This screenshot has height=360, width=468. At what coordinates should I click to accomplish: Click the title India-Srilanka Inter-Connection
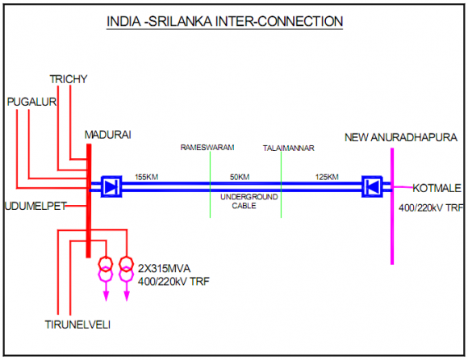[x=225, y=19]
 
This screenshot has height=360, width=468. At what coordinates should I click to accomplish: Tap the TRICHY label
[x=69, y=78]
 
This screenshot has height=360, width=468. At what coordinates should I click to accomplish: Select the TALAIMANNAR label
[x=288, y=149]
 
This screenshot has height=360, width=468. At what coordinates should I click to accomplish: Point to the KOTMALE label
[x=437, y=189]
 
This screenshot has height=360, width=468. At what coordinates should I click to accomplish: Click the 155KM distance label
[x=146, y=176]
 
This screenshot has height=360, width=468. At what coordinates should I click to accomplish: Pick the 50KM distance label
[x=240, y=176]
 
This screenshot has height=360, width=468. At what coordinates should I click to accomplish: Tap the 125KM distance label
[x=328, y=176]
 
